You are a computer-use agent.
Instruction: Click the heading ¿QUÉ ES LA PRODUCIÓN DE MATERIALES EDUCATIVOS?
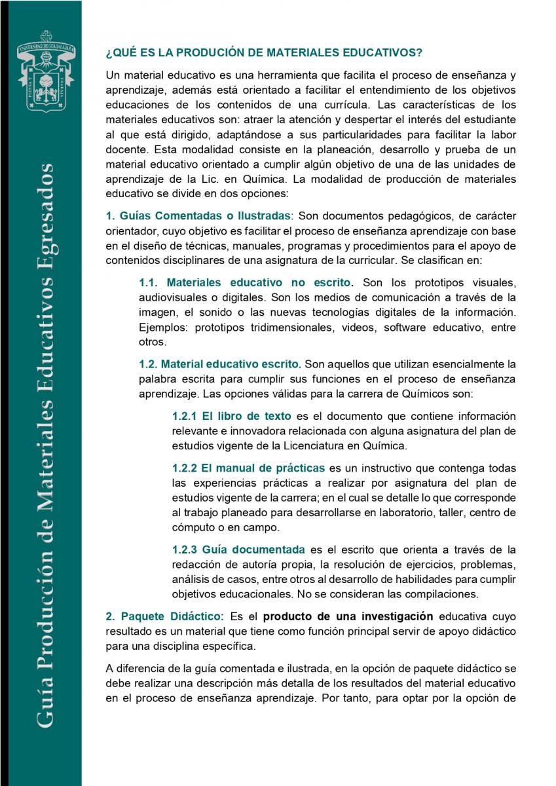pos(264,52)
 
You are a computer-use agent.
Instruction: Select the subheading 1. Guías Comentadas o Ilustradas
pos(198,215)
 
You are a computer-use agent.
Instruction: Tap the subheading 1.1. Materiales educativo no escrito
pos(246,283)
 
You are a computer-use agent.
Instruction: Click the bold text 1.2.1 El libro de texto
pos(232,416)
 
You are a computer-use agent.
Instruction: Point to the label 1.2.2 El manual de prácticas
pos(248,468)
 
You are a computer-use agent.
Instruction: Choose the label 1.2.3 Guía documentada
pos(238,549)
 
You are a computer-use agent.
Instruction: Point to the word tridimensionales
pos(299,327)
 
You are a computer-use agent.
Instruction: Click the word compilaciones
pos(445,594)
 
